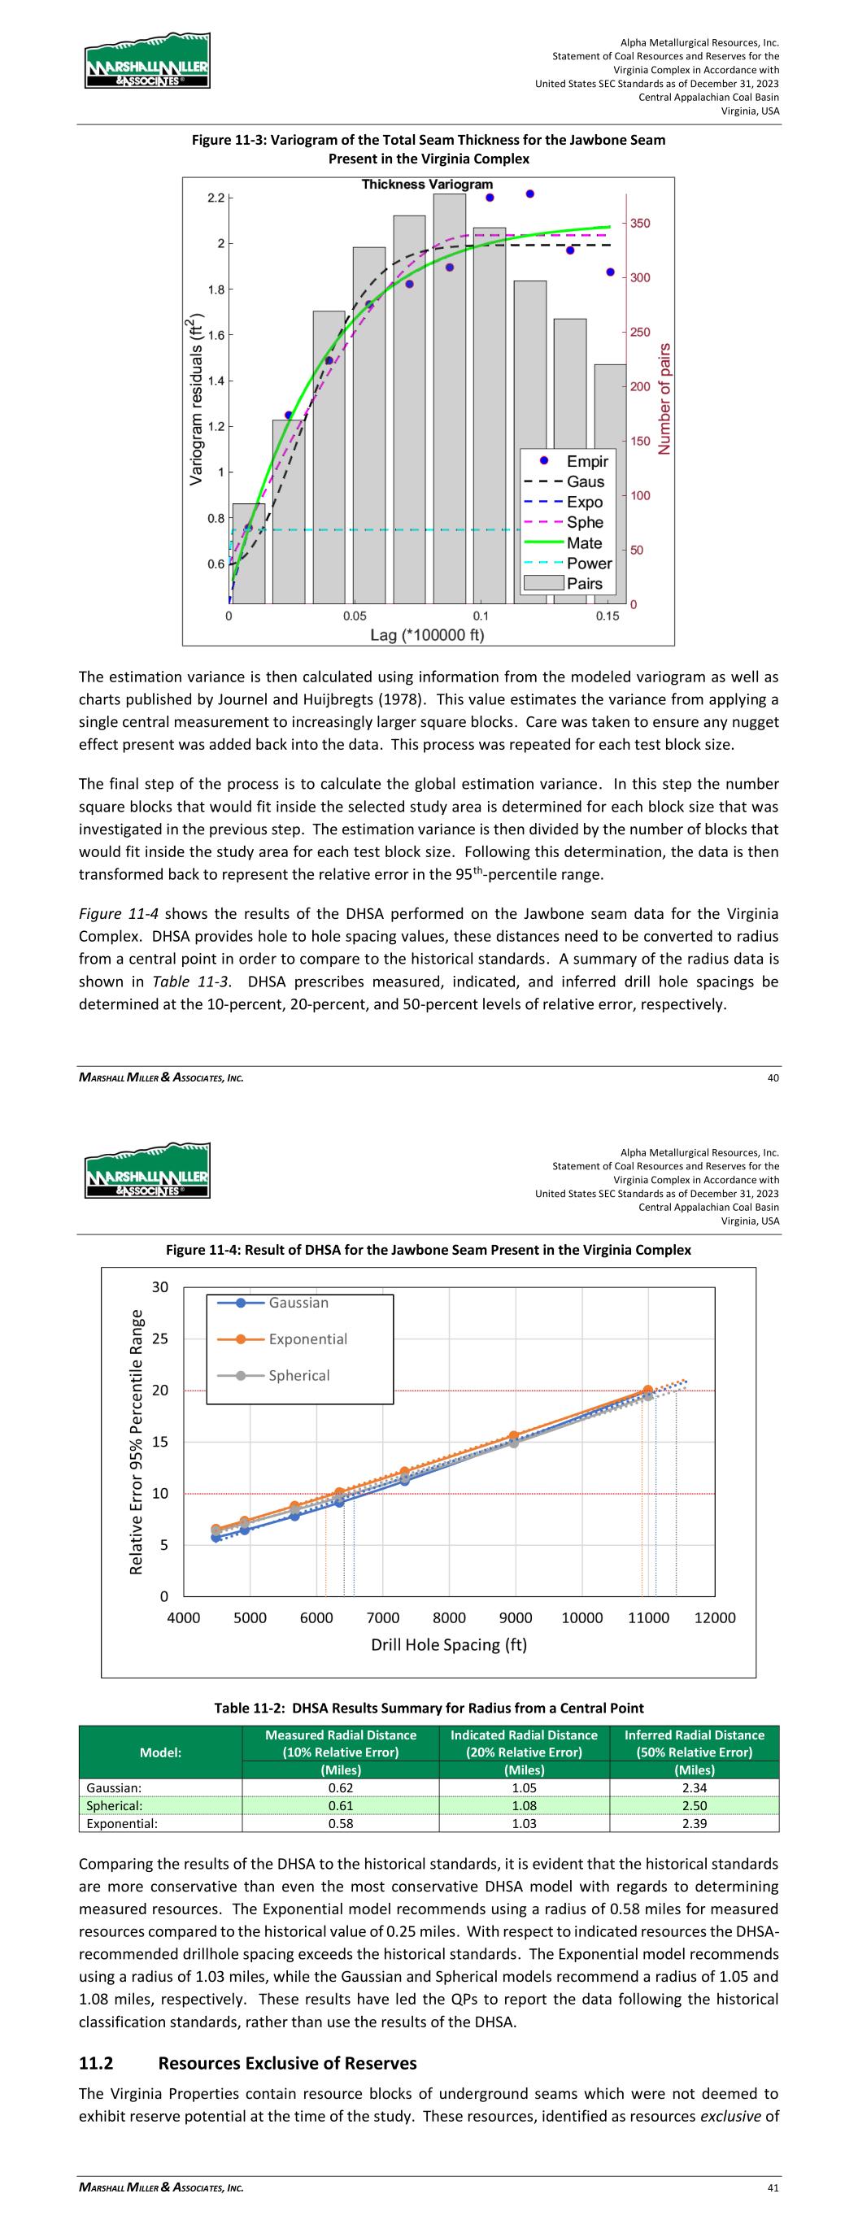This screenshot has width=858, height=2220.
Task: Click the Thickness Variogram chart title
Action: pos(427,185)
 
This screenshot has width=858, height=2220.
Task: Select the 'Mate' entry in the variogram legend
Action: pos(584,543)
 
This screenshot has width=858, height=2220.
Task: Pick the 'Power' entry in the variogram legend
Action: pos(588,564)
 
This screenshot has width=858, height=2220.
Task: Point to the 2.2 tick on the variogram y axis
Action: pos(216,198)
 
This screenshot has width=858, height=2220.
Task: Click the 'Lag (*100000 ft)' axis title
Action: pos(427,635)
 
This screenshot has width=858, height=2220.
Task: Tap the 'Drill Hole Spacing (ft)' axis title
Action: pos(448,1644)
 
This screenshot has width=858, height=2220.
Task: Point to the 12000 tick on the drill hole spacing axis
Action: pos(715,1618)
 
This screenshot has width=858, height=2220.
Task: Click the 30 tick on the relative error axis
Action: pos(160,1287)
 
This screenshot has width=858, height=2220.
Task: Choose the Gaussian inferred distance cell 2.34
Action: pos(695,1788)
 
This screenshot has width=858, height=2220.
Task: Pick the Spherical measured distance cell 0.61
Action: pos(341,1805)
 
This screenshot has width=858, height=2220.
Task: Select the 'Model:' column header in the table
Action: pos(160,1753)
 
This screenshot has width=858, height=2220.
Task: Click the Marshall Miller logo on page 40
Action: pos(147,61)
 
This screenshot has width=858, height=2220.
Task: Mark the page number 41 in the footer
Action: pos(773,2187)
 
